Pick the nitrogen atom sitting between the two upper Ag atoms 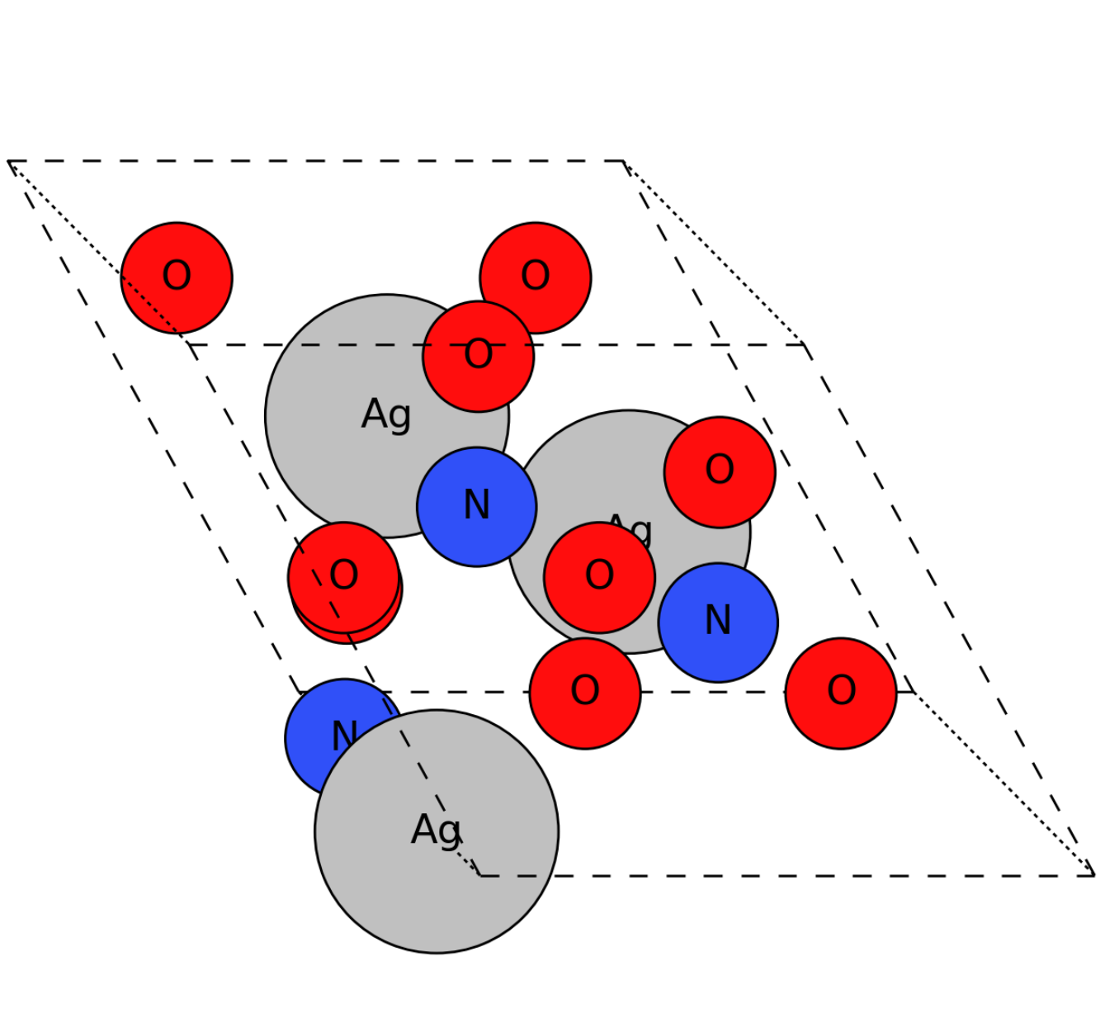[x=476, y=506]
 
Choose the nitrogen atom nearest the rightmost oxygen [x=717, y=622]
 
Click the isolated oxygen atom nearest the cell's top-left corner [x=176, y=277]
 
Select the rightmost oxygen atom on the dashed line [x=840, y=693]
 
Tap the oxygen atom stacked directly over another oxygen [x=343, y=575]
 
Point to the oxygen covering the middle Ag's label [x=599, y=577]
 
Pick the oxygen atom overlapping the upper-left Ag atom [x=478, y=356]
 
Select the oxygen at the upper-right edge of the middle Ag [x=719, y=471]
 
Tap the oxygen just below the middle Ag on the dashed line [x=584, y=693]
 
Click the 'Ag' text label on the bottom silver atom [x=436, y=830]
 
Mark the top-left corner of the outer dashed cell [x=8, y=162]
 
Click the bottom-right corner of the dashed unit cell [x=1093, y=875]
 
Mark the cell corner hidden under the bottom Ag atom [x=480, y=875]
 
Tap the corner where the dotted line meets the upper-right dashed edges [x=805, y=345]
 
